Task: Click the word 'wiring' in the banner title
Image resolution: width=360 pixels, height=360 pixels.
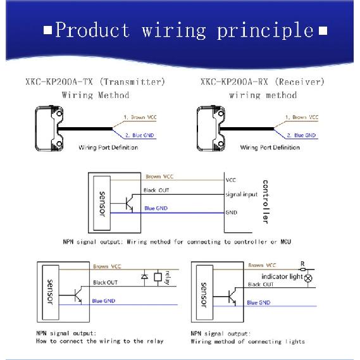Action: coord(173,31)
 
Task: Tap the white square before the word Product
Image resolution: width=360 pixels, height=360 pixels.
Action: coord(47,30)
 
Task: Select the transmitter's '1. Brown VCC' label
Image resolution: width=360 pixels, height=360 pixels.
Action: coord(140,117)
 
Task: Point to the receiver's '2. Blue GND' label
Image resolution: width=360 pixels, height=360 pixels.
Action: coord(301,135)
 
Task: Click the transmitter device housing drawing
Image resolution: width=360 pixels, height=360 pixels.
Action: coord(49,128)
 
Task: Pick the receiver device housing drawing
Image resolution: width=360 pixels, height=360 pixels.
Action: coord(211,128)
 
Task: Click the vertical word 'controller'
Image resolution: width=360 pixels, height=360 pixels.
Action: coord(265,201)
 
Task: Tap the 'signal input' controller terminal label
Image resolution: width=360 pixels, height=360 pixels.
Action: coord(241,194)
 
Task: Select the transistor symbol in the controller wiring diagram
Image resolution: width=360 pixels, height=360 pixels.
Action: coord(129,203)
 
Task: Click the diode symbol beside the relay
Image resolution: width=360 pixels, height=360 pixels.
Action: coord(144,276)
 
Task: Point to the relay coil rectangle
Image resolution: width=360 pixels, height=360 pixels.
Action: coord(158,277)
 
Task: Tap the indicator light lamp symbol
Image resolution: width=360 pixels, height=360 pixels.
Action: coord(308,278)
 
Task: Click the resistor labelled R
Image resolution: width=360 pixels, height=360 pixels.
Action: coord(303,269)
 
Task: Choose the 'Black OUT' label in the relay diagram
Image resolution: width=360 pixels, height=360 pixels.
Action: coord(105,283)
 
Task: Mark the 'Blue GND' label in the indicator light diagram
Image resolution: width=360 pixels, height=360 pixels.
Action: coord(259,303)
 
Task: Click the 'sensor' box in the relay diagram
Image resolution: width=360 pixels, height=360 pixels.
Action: coord(51,292)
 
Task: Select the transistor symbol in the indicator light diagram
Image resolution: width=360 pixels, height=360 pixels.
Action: coord(232,297)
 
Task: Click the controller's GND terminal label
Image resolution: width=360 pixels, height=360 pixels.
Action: coord(231,213)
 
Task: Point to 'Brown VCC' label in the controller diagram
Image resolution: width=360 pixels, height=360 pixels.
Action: coord(159,177)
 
